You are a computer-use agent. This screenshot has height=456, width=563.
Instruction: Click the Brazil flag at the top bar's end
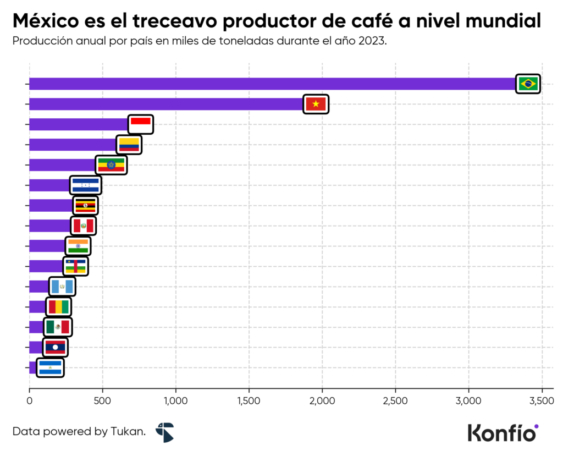tap(528, 84)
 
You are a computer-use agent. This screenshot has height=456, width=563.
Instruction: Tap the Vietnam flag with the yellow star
tap(316, 104)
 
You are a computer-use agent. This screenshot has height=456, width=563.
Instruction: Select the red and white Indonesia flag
tap(141, 124)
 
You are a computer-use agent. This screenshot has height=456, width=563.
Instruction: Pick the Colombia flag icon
tap(129, 145)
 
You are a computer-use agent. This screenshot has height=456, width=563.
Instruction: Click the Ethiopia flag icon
tap(112, 165)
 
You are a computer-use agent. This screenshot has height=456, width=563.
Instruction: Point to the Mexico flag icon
tap(58, 327)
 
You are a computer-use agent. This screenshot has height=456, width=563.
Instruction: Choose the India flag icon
tap(78, 246)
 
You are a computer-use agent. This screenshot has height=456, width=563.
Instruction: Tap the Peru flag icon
tap(84, 226)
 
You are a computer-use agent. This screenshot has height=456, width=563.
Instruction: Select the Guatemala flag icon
tap(62, 287)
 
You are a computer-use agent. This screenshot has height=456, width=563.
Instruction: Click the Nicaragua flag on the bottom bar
tap(50, 367)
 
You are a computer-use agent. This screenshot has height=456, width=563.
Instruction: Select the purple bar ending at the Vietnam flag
tap(165, 104)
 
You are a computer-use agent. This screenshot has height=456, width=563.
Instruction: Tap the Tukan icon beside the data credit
tap(164, 432)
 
